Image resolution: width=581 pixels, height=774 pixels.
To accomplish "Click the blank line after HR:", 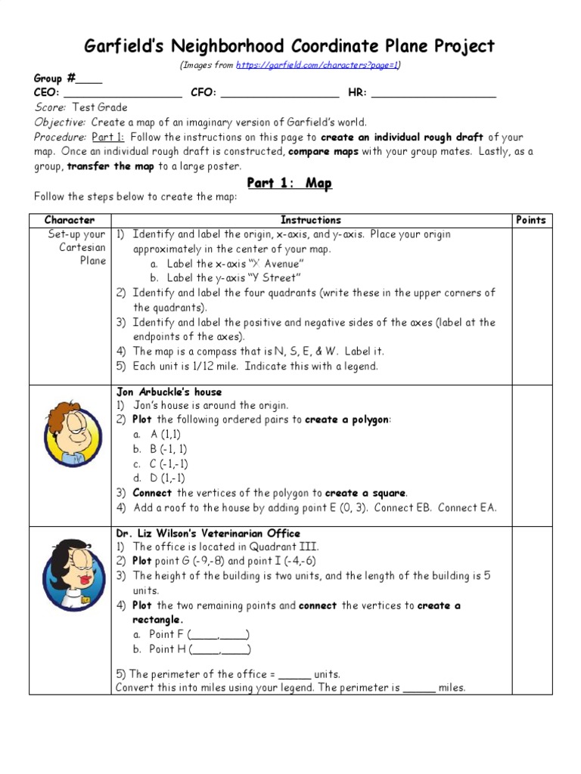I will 433,94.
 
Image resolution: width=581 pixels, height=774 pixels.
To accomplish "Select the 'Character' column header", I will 70,220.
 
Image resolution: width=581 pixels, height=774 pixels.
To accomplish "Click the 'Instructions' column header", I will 311,220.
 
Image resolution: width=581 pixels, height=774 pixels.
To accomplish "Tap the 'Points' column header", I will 530,220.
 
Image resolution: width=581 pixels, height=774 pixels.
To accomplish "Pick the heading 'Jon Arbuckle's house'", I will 169,392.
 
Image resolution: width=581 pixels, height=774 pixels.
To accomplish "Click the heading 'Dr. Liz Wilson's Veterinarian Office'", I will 207,533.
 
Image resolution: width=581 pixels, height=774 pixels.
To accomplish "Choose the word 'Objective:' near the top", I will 60,122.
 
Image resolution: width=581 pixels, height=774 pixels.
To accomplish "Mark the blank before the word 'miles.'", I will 419,689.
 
